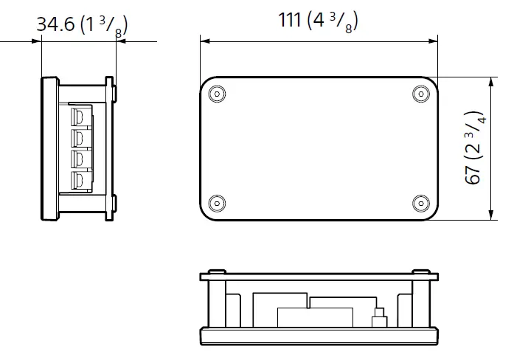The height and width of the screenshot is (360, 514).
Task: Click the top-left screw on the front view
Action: pyautogui.click(x=216, y=94)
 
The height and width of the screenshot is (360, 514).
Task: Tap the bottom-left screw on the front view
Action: pyautogui.click(x=216, y=203)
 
